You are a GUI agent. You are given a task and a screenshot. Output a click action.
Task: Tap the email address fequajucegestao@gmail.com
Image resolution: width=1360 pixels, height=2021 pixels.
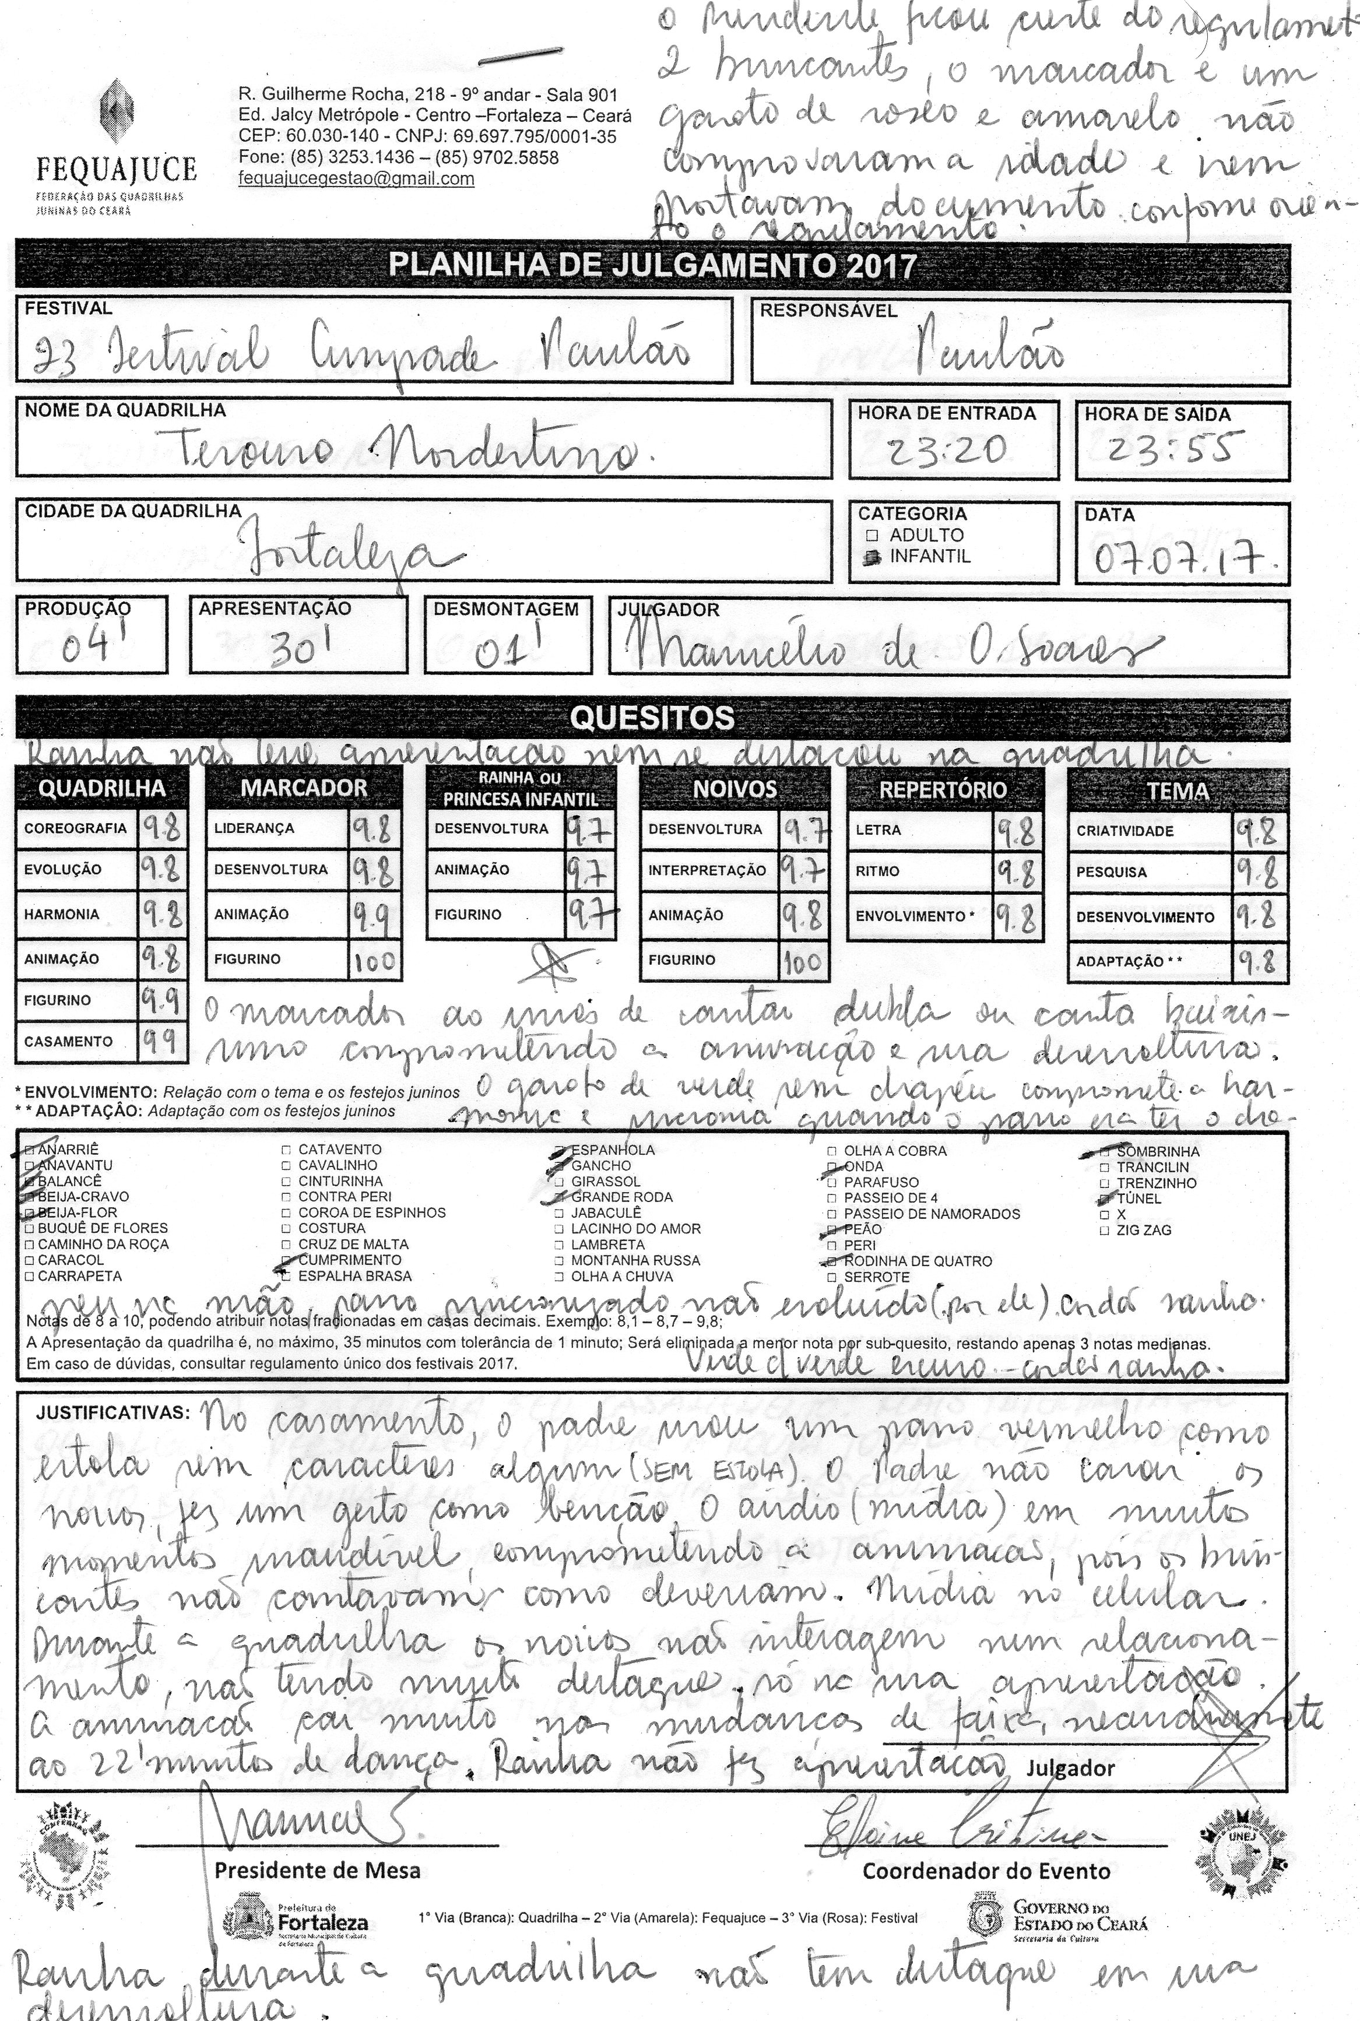pyautogui.click(x=357, y=179)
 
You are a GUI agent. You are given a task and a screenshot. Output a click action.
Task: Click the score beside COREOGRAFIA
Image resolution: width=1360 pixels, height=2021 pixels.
pyautogui.click(x=161, y=830)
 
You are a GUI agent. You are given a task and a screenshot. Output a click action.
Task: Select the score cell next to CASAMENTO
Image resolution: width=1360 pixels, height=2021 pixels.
pyautogui.click(x=162, y=1042)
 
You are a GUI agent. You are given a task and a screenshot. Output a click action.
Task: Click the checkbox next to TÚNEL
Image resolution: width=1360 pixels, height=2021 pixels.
pyautogui.click(x=1104, y=1198)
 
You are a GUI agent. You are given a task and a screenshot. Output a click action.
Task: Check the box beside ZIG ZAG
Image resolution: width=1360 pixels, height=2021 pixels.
pyautogui.click(x=1104, y=1230)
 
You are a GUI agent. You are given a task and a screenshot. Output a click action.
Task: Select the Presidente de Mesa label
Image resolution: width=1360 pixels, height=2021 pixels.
pyautogui.click(x=318, y=1870)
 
